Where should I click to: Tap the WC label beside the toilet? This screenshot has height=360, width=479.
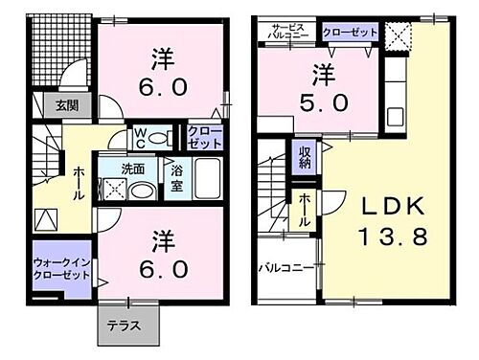pyautogui.click(x=140, y=135)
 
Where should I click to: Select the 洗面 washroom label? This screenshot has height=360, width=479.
pyautogui.click(x=132, y=169)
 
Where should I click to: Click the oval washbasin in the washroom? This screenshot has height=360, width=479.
pyautogui.click(x=145, y=190)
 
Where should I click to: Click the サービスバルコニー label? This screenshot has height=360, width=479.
pyautogui.click(x=289, y=33)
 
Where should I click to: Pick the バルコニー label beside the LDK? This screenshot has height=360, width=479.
pyautogui.click(x=285, y=269)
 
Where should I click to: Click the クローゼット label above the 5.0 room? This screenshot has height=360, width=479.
pyautogui.click(x=349, y=32)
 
